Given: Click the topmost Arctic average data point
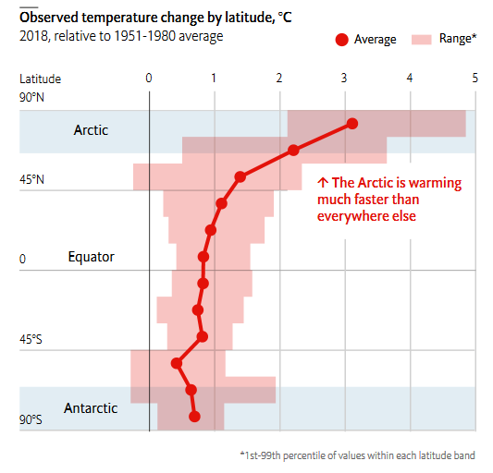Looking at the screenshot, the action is [352, 124].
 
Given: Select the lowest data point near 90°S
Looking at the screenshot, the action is [194, 417].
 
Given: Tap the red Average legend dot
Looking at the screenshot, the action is [341, 40].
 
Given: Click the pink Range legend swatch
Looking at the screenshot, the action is [421, 40].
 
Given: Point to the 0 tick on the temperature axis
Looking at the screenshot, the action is [149, 78].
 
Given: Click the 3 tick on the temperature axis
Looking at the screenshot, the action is [344, 78].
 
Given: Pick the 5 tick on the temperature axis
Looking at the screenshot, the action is [475, 78].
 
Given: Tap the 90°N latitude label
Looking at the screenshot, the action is [31, 97].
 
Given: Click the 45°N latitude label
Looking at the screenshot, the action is [31, 179].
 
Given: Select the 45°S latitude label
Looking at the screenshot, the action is [31, 339].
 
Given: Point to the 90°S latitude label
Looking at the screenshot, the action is [31, 419].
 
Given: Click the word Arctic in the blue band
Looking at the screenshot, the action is [91, 130].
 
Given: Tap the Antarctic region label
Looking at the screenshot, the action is [91, 408].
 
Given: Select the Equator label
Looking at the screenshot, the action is [92, 257].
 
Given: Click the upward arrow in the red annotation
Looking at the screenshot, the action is [323, 183].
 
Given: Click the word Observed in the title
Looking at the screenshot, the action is [49, 17].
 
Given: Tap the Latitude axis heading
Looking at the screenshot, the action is [41, 79].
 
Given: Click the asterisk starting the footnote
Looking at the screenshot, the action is [242, 454].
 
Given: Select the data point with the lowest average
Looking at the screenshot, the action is [177, 363].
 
